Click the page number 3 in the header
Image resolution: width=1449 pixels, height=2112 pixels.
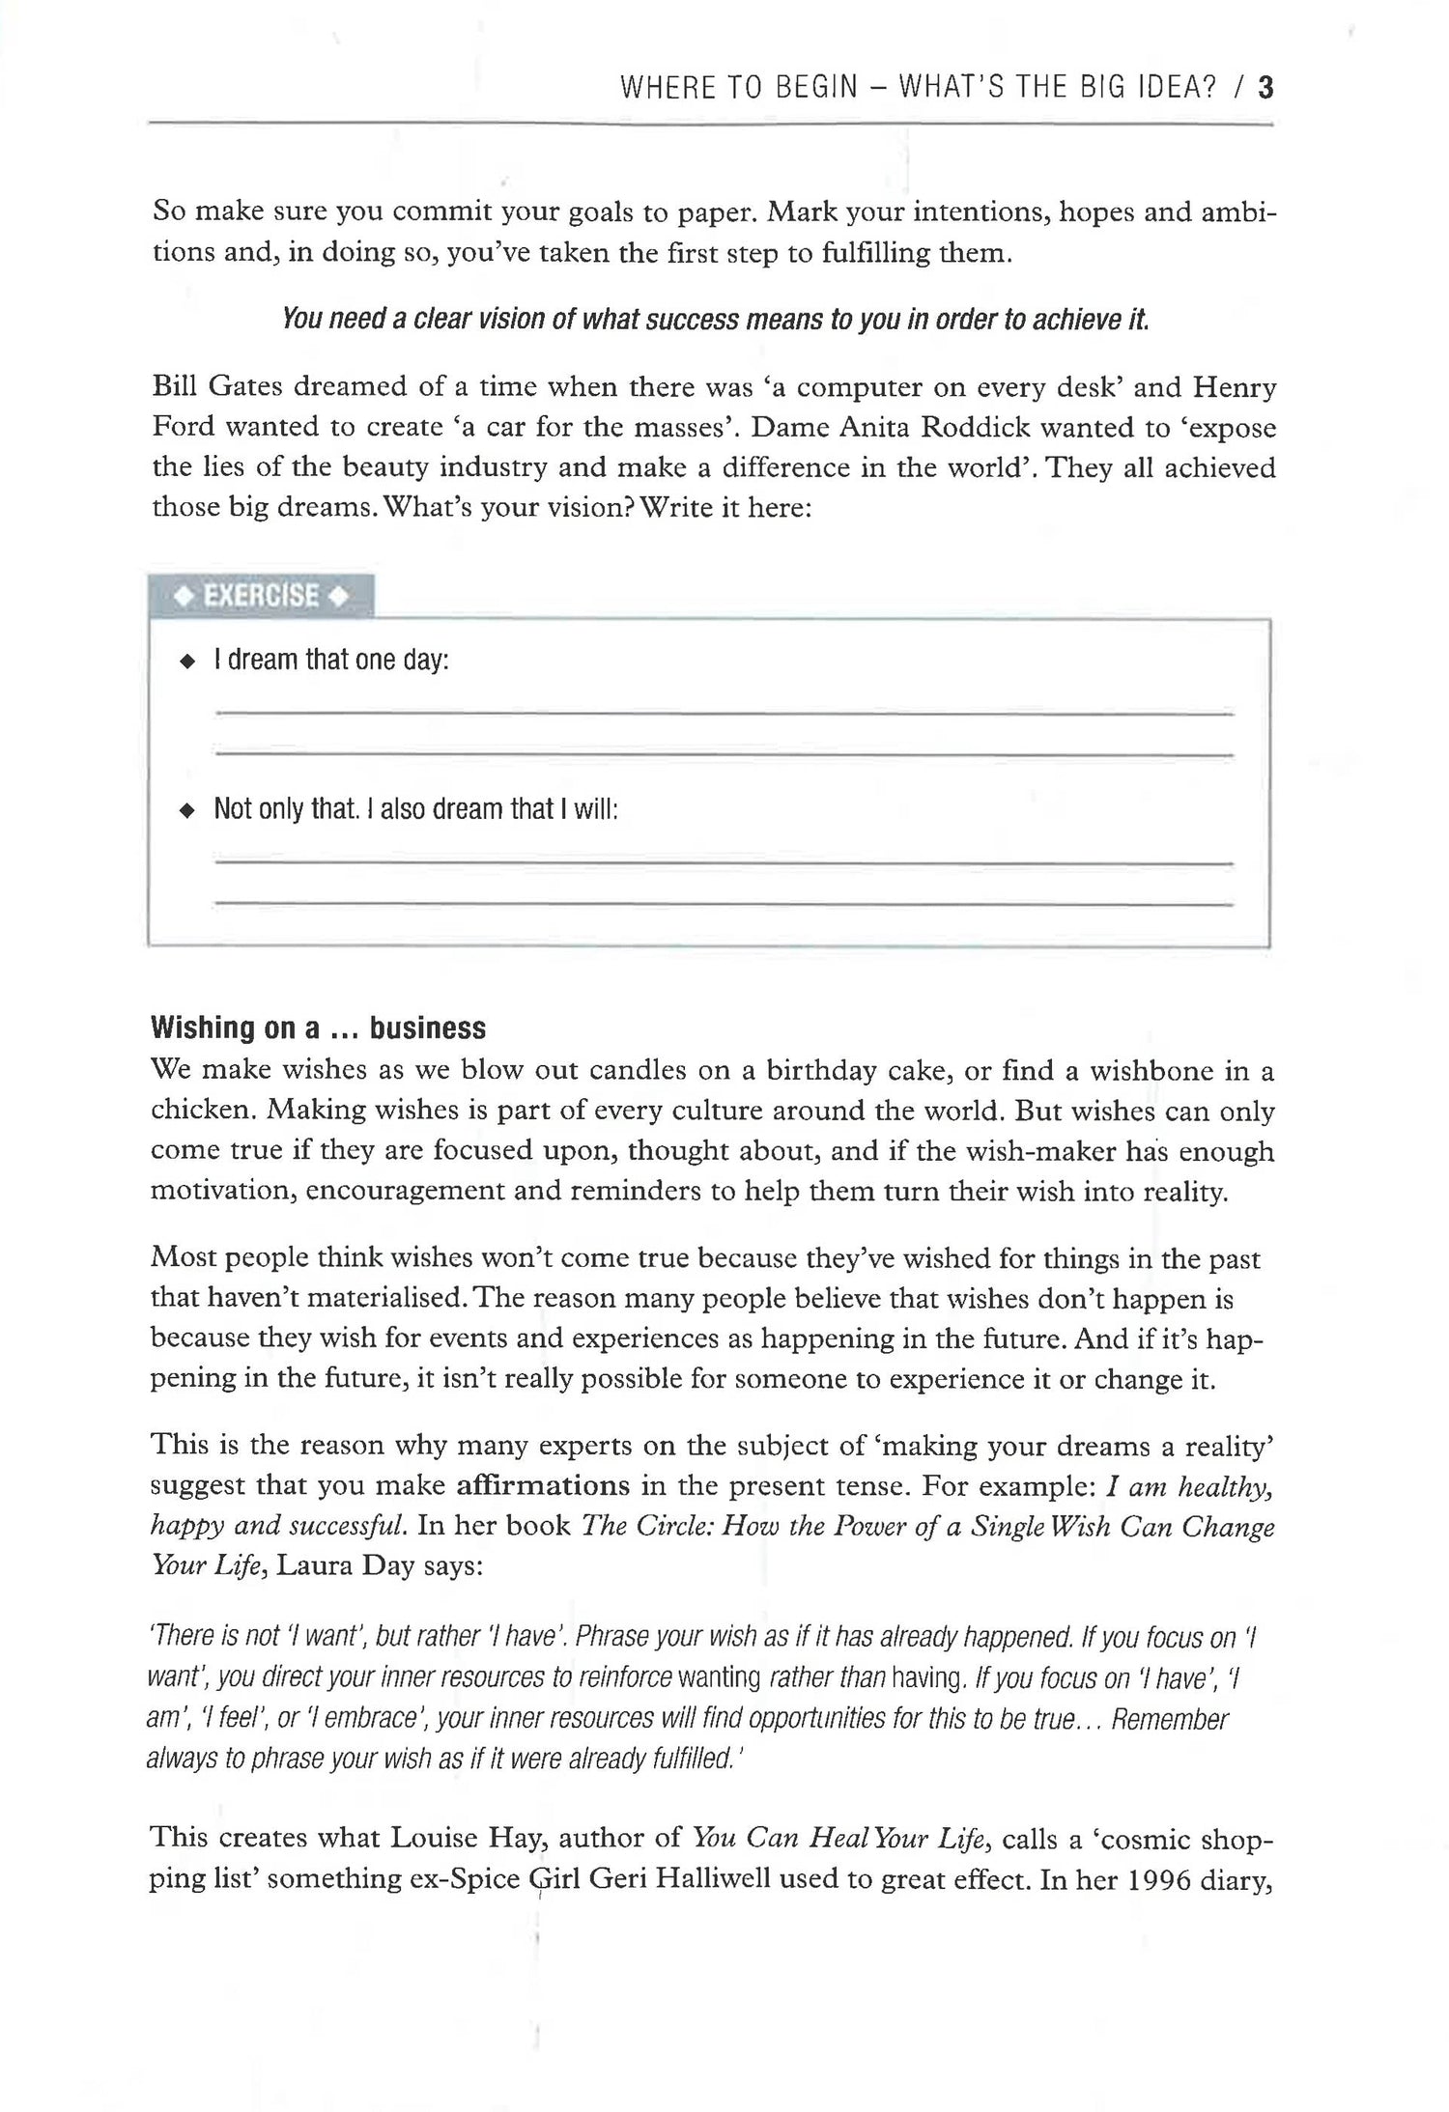pos(1265,90)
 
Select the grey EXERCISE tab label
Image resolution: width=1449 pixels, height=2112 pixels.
pos(261,596)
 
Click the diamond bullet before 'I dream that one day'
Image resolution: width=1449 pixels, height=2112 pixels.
pos(187,662)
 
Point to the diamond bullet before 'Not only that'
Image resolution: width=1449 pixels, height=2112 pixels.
pos(187,811)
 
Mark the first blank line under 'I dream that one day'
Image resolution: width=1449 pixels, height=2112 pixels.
pos(724,714)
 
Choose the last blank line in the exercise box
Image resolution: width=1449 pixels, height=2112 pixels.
pos(724,903)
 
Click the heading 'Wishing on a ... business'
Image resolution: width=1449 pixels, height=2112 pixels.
pos(318,1028)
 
